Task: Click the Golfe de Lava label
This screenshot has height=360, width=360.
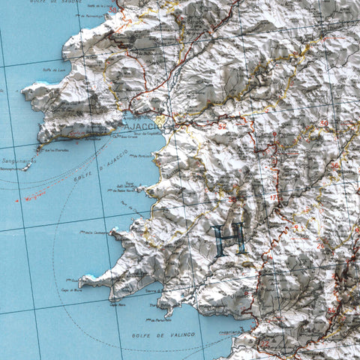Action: pos(52,70)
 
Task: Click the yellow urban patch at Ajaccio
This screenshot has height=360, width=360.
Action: pos(160,120)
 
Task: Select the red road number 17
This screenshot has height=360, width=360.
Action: pos(274,196)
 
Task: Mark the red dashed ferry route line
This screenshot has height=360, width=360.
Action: pos(30,197)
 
